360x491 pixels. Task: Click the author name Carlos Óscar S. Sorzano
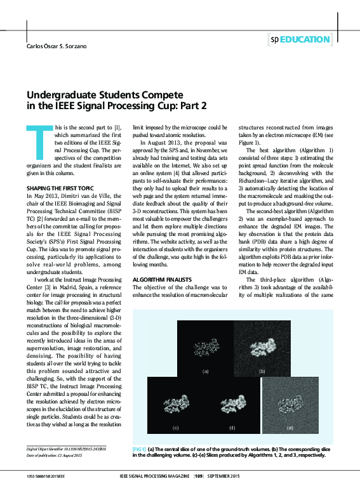pos(56,46)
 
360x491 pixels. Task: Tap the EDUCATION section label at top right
pos(305,39)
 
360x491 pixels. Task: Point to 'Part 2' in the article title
pos(192,105)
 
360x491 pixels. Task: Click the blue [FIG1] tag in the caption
pos(138,448)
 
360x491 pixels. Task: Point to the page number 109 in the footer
pos(199,476)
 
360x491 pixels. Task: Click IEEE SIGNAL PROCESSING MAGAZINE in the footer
pos(154,476)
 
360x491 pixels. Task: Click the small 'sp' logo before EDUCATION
pos(274,39)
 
